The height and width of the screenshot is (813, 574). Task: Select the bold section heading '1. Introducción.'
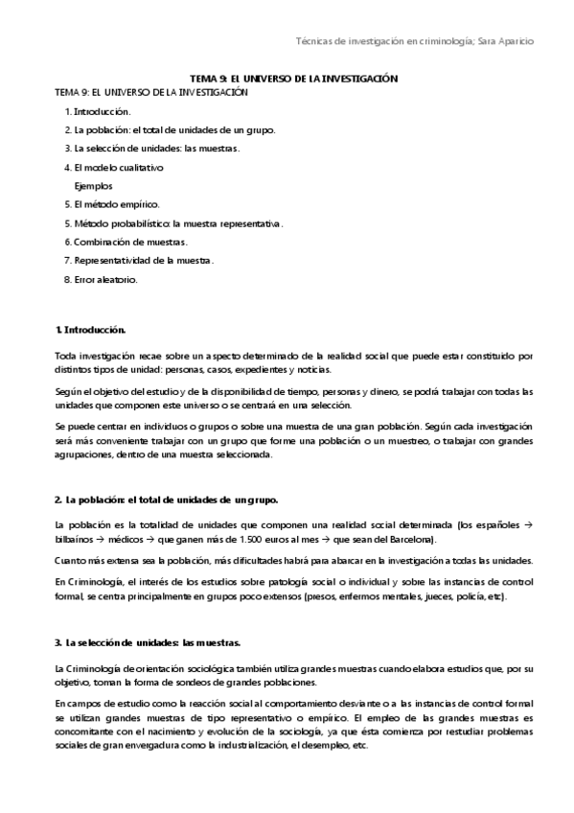tap(91, 330)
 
